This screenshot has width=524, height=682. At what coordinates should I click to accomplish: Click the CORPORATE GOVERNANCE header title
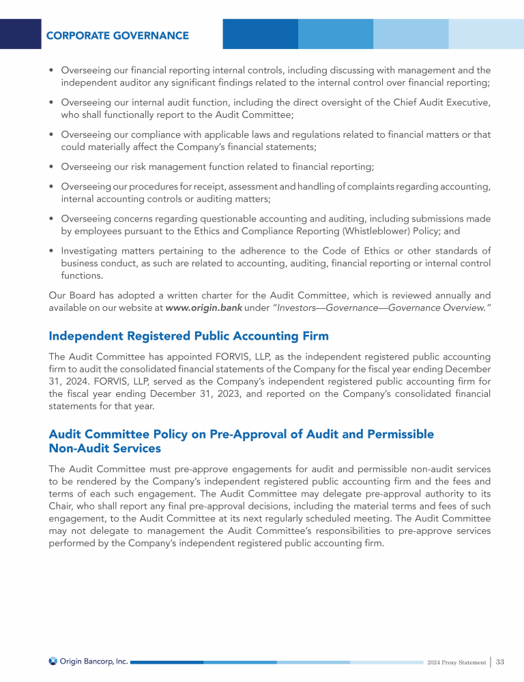117,35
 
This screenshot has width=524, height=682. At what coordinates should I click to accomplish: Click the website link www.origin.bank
204,309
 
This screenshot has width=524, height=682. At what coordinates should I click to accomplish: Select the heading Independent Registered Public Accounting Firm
189,336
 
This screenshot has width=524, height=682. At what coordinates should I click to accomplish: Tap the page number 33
500,662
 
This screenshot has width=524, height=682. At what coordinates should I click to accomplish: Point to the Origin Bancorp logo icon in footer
53,661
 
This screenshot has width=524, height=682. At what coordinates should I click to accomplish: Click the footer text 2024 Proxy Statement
456,662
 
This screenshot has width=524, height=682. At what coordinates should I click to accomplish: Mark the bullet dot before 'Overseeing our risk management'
52,167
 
